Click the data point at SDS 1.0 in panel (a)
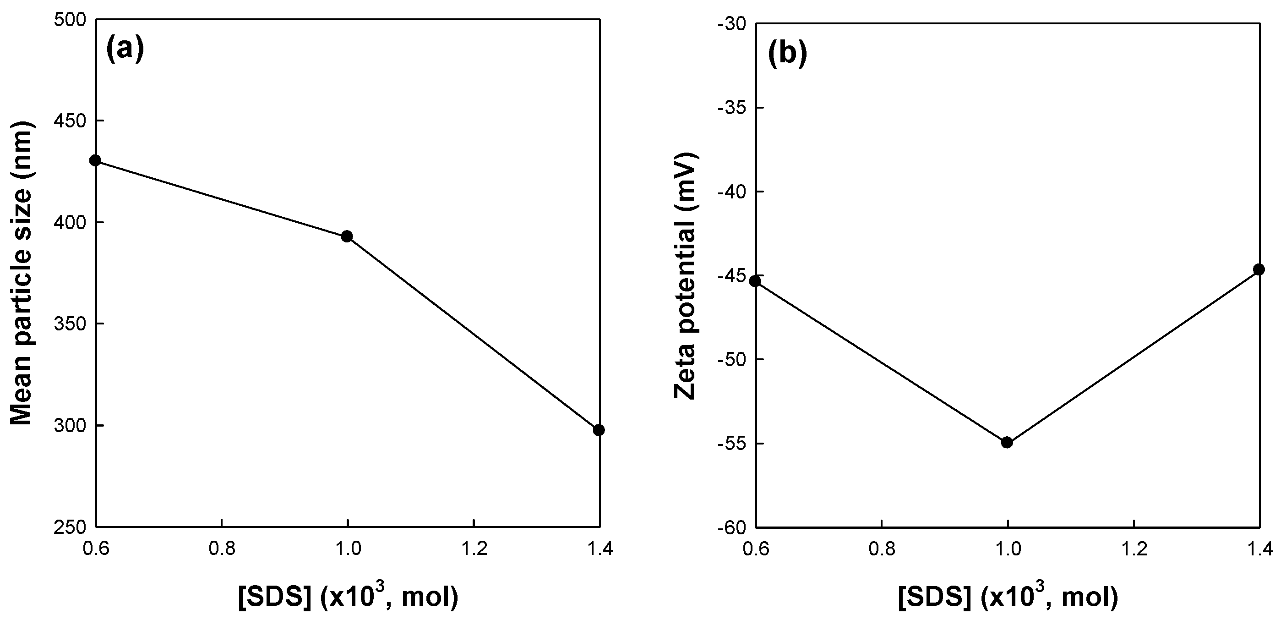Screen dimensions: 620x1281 (x=347, y=236)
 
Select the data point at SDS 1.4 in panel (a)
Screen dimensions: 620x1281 (x=599, y=430)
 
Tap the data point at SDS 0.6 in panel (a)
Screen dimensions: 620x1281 (x=95, y=160)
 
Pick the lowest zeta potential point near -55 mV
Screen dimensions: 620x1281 (x=1007, y=442)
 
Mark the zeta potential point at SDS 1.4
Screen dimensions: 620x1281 (x=1259, y=269)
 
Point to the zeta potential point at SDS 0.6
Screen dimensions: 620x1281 (x=755, y=280)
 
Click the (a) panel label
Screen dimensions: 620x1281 (x=125, y=49)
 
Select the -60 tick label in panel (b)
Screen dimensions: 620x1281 (x=730, y=527)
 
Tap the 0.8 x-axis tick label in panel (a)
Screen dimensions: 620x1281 (x=221, y=549)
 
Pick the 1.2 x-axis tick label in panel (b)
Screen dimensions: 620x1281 (x=1134, y=549)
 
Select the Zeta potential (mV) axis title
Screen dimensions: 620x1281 (x=686, y=276)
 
